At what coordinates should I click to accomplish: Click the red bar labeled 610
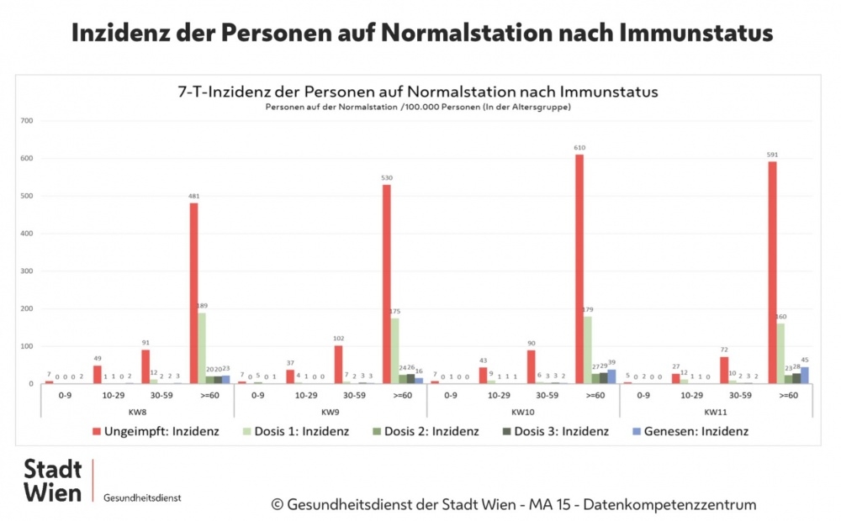579,269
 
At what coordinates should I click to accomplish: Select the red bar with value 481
193,293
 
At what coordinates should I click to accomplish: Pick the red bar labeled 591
771,272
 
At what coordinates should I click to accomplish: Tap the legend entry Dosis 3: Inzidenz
559,431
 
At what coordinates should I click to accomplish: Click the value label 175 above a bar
394,312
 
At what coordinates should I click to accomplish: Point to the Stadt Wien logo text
52,480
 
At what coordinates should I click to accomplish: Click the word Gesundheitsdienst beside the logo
142,497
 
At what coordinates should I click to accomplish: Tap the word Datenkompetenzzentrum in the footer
669,504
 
